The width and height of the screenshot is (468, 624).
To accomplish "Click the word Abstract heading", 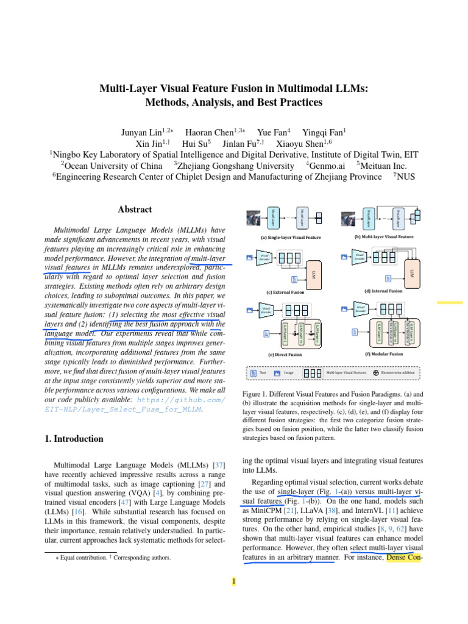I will [135, 209].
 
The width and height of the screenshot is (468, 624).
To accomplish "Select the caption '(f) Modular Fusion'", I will [384, 353].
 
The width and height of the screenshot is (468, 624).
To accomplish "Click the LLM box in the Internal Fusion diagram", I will [412, 269].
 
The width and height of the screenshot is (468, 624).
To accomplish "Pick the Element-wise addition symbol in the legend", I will [376, 372].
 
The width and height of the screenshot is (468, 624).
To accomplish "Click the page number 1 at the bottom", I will [233, 582].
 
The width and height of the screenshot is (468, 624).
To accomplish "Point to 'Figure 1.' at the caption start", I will [257, 395].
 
